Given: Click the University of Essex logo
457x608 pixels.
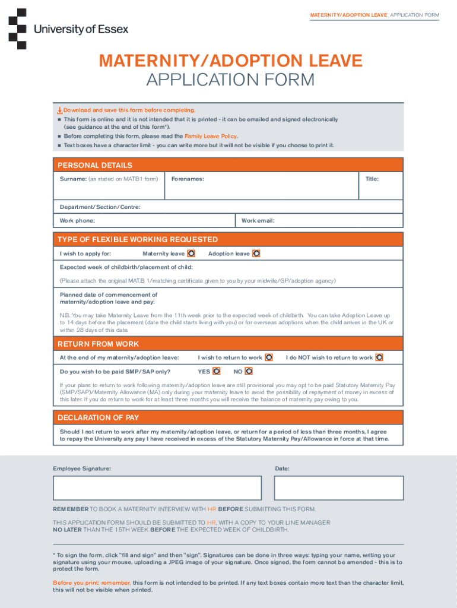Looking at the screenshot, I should [x=68, y=28].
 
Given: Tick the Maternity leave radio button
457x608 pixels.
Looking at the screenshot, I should [x=191, y=254].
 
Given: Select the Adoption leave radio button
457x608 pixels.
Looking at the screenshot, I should [x=256, y=254].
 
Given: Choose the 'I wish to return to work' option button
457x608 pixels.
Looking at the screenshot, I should [x=269, y=357].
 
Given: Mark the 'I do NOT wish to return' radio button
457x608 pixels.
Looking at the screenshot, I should [x=379, y=357].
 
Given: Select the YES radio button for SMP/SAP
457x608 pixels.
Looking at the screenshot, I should [x=217, y=371].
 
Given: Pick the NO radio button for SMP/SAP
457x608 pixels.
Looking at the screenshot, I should [x=249, y=371].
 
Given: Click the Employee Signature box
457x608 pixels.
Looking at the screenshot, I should [x=157, y=488].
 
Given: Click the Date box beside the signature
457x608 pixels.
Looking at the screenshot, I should [x=338, y=488].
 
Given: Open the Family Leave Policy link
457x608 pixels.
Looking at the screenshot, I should [x=211, y=136].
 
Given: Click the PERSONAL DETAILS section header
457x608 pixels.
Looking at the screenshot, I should [x=95, y=165].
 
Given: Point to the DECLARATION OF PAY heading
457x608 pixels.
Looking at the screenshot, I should [x=98, y=417].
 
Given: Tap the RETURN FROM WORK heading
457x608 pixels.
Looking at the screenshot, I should [x=98, y=344].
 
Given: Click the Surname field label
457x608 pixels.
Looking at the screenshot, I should [x=73, y=179].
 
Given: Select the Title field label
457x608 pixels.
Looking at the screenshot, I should [x=372, y=179].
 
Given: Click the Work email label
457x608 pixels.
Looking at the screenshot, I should [x=258, y=221].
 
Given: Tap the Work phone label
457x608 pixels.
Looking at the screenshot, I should [x=77, y=221].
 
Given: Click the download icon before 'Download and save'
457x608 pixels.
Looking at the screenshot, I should [x=59, y=110].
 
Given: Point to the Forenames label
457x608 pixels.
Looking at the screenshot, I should [x=188, y=179].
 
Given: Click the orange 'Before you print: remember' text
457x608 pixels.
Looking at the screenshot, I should [x=92, y=583].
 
